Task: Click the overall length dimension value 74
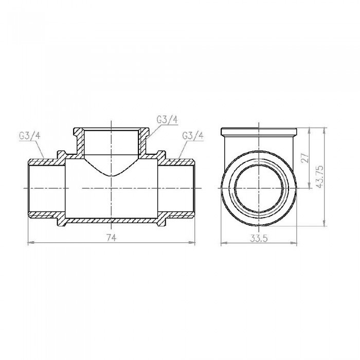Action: (111, 237)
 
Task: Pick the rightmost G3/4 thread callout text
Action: (193, 136)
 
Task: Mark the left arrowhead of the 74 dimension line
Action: (29, 242)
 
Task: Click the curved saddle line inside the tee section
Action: (111, 174)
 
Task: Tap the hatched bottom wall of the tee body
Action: (111, 220)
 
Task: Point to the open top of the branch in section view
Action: (111, 131)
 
